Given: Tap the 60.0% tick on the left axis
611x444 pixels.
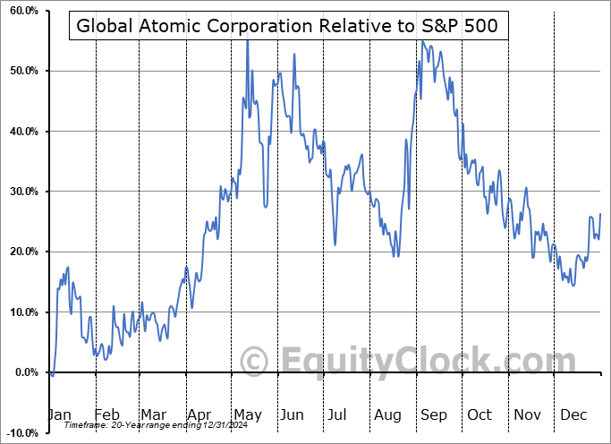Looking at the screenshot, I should pos(21,11).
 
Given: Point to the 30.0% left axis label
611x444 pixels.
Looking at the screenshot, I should pos(21,192).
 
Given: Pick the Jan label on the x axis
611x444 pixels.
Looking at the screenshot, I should pos(58,415).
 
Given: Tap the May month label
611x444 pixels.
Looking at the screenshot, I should pos(248,415).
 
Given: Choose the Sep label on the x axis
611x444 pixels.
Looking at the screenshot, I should pos(434,415).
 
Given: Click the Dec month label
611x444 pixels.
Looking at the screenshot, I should pos(572,415).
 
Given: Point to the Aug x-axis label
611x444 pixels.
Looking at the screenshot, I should pos(388,415).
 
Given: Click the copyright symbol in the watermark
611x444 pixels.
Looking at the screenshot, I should pos(255,361).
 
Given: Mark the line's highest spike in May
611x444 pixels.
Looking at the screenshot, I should pos(247,41).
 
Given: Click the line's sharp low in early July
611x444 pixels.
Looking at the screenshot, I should pos(335,244).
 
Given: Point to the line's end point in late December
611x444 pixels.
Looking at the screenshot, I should pos(599,214).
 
